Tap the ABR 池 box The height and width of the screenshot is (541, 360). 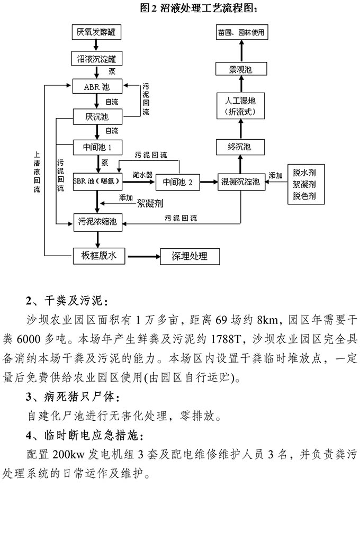97,85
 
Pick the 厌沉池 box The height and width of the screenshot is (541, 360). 97,116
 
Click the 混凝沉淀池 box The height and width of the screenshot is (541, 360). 241,182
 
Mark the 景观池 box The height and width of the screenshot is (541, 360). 241,69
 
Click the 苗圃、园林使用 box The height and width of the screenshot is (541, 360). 241,32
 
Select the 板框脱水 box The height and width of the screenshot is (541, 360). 98,256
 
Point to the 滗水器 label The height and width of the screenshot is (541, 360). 142,174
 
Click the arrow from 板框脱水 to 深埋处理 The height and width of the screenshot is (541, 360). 141,257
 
